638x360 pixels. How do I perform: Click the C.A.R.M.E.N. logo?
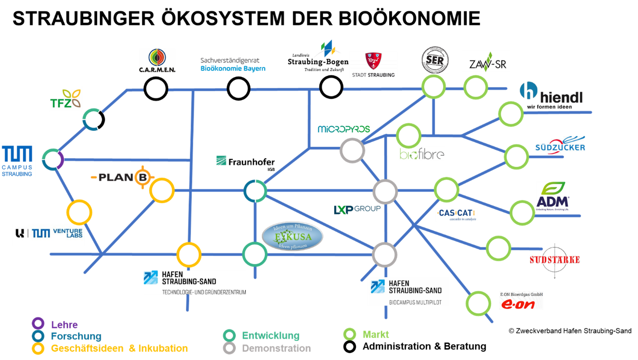157,61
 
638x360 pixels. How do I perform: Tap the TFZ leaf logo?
65,98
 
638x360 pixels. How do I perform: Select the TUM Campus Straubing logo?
18,160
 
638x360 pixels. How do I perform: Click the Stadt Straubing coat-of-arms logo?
373,64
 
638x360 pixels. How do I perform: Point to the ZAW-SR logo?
486,62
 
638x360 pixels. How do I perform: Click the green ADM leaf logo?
553,196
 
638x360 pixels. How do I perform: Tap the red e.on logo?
521,300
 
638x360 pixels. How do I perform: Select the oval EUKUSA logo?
292,236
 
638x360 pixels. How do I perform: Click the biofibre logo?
422,153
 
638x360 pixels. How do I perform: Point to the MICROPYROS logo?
344,129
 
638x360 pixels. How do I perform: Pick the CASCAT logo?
457,215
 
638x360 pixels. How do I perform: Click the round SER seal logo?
435,60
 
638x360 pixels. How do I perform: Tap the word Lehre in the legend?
64,325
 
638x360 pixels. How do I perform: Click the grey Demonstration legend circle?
230,348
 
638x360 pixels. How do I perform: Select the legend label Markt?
376,335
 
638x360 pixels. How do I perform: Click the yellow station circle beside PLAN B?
162,190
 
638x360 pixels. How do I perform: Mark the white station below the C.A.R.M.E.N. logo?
156,89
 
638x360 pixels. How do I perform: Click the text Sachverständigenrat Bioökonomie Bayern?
233,64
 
